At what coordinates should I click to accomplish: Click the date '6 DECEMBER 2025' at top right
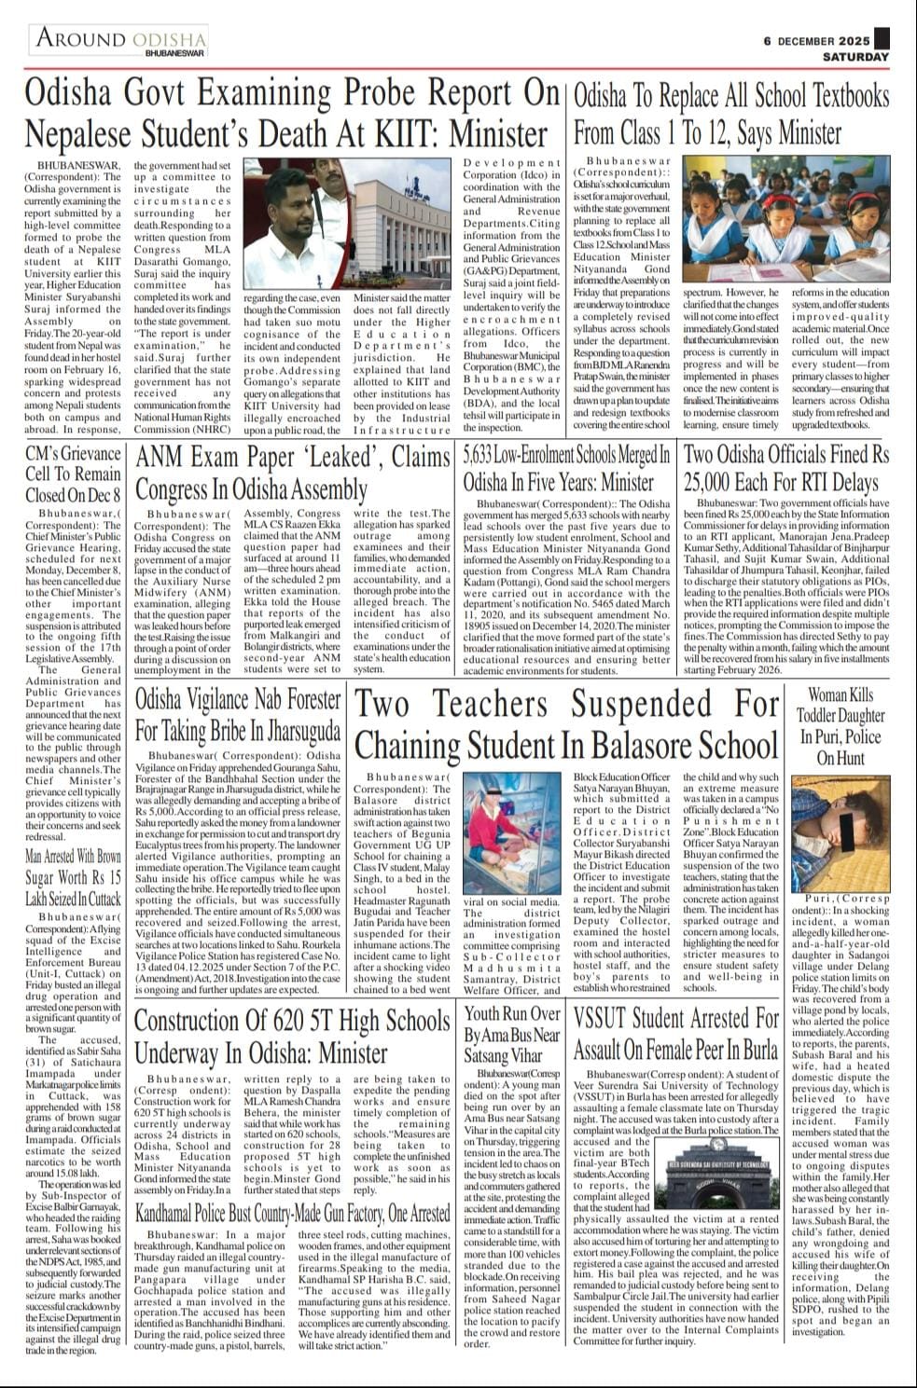point(816,41)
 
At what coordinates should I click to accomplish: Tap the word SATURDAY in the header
point(855,57)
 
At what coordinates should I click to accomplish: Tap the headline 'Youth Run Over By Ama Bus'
point(512,1035)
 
